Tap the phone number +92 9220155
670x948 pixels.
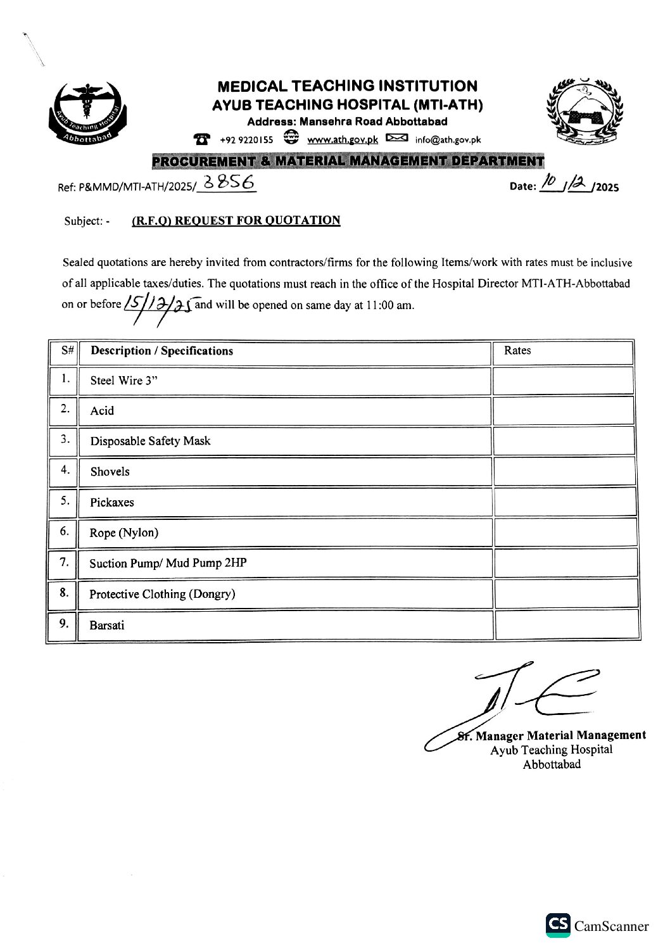coord(246,140)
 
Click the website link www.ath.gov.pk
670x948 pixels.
coord(342,140)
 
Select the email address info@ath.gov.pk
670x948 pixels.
coord(448,140)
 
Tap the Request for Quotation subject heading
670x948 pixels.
coord(236,220)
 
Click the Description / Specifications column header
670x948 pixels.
coord(161,351)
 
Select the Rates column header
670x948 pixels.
coord(517,351)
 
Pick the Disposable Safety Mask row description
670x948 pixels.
coord(150,441)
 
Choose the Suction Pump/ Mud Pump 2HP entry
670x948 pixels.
coord(168,563)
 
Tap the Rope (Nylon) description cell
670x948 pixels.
coord(123,533)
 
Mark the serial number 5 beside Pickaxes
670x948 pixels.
coord(65,501)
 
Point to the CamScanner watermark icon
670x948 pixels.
coord(557,925)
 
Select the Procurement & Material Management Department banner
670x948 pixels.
coord(348,161)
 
